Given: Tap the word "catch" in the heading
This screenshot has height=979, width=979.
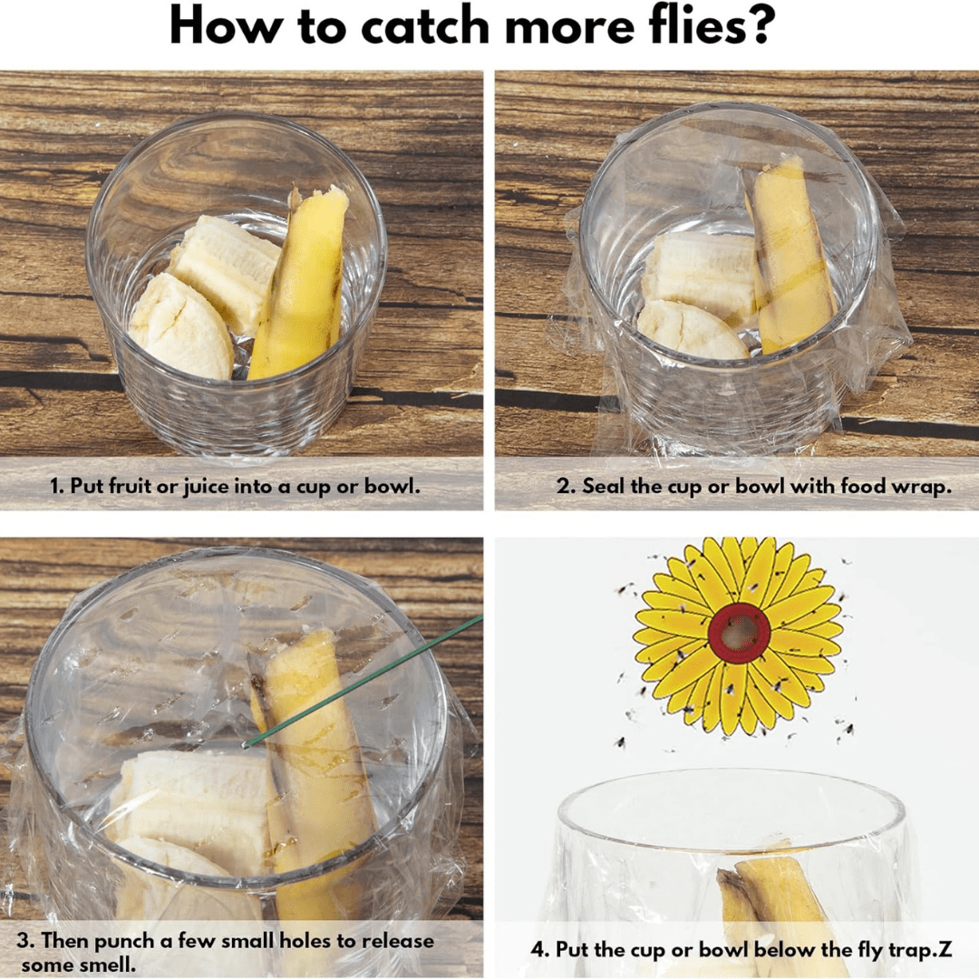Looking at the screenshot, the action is point(424,26).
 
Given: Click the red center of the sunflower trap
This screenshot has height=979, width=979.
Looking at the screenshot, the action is point(739,633).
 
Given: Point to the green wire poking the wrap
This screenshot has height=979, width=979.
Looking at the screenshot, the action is point(362,682).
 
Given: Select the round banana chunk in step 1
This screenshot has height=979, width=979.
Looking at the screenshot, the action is point(180,328).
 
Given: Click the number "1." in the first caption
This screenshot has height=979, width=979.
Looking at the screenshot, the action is point(57,486).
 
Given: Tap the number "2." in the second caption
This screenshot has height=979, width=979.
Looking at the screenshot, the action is point(566,486).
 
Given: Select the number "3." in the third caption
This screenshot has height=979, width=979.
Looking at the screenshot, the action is point(25,941).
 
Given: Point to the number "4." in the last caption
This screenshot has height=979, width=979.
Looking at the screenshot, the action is point(539,950).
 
